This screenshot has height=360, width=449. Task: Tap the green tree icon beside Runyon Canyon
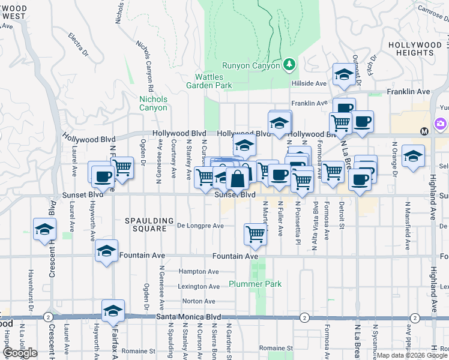[x=289, y=64]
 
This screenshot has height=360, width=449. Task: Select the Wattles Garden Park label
[x=213, y=81]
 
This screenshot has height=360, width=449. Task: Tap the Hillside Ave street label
[x=309, y=84]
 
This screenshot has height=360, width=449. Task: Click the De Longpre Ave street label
[x=200, y=226]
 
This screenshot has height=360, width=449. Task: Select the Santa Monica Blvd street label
[x=187, y=317]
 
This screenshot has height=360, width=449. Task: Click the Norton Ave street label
[x=199, y=301]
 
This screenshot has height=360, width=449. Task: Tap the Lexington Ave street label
[x=196, y=286]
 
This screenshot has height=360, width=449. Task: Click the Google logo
[x=20, y=353]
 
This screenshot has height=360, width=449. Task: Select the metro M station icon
[x=424, y=131]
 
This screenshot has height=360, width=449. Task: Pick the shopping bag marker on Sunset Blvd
[x=238, y=178]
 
